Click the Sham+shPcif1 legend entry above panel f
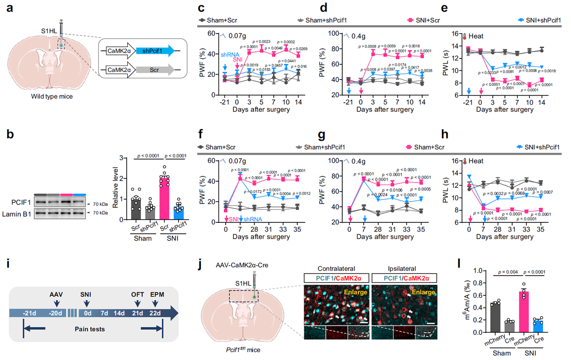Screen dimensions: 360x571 click(x=319, y=146)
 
